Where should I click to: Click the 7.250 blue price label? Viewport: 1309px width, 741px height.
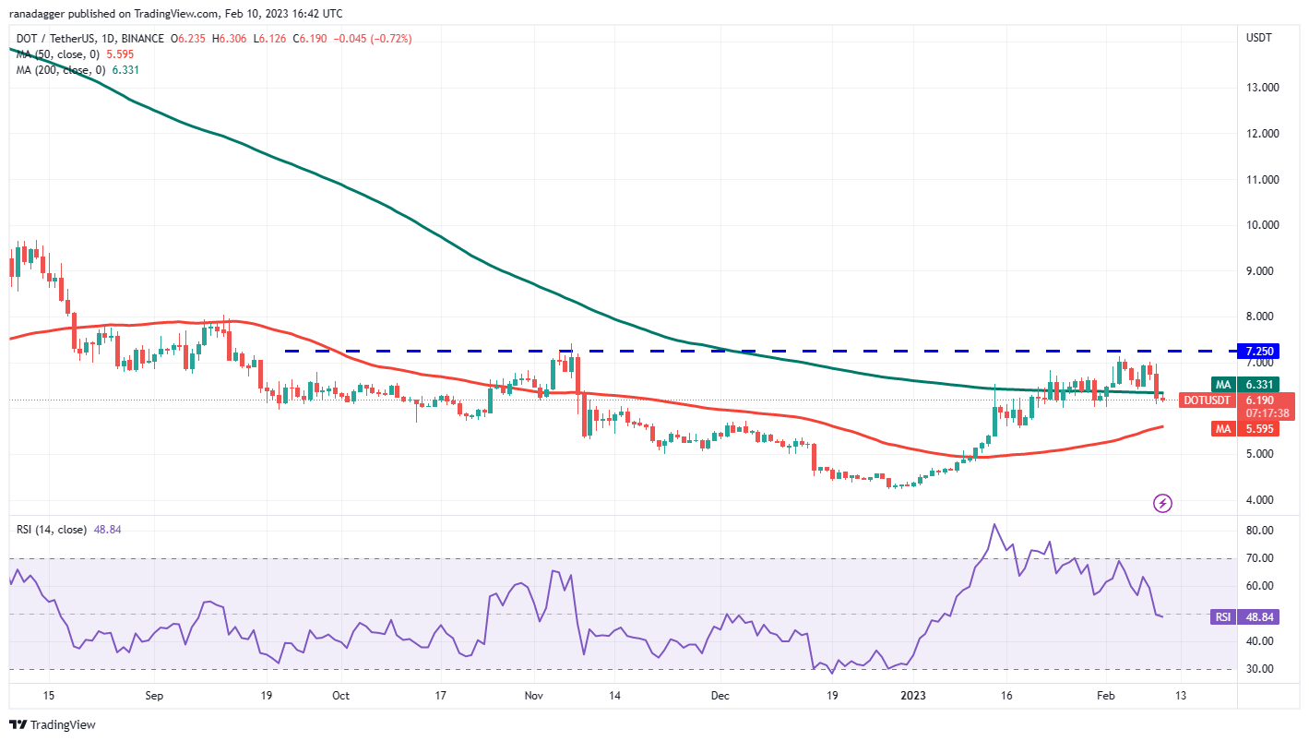tap(1260, 351)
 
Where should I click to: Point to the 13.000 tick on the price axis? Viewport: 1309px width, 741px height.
tap(1259, 88)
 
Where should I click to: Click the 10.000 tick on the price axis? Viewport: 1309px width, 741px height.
tap(1259, 225)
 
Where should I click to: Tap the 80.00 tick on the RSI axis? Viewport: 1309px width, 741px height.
tap(1257, 531)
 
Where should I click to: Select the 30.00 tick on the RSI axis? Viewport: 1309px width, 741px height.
tap(1257, 669)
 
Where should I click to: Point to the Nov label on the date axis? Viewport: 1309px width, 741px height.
tap(533, 695)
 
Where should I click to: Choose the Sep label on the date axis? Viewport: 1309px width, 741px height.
tap(154, 695)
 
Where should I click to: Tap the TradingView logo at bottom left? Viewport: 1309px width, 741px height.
tap(53, 724)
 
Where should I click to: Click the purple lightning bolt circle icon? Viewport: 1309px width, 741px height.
tap(1163, 503)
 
